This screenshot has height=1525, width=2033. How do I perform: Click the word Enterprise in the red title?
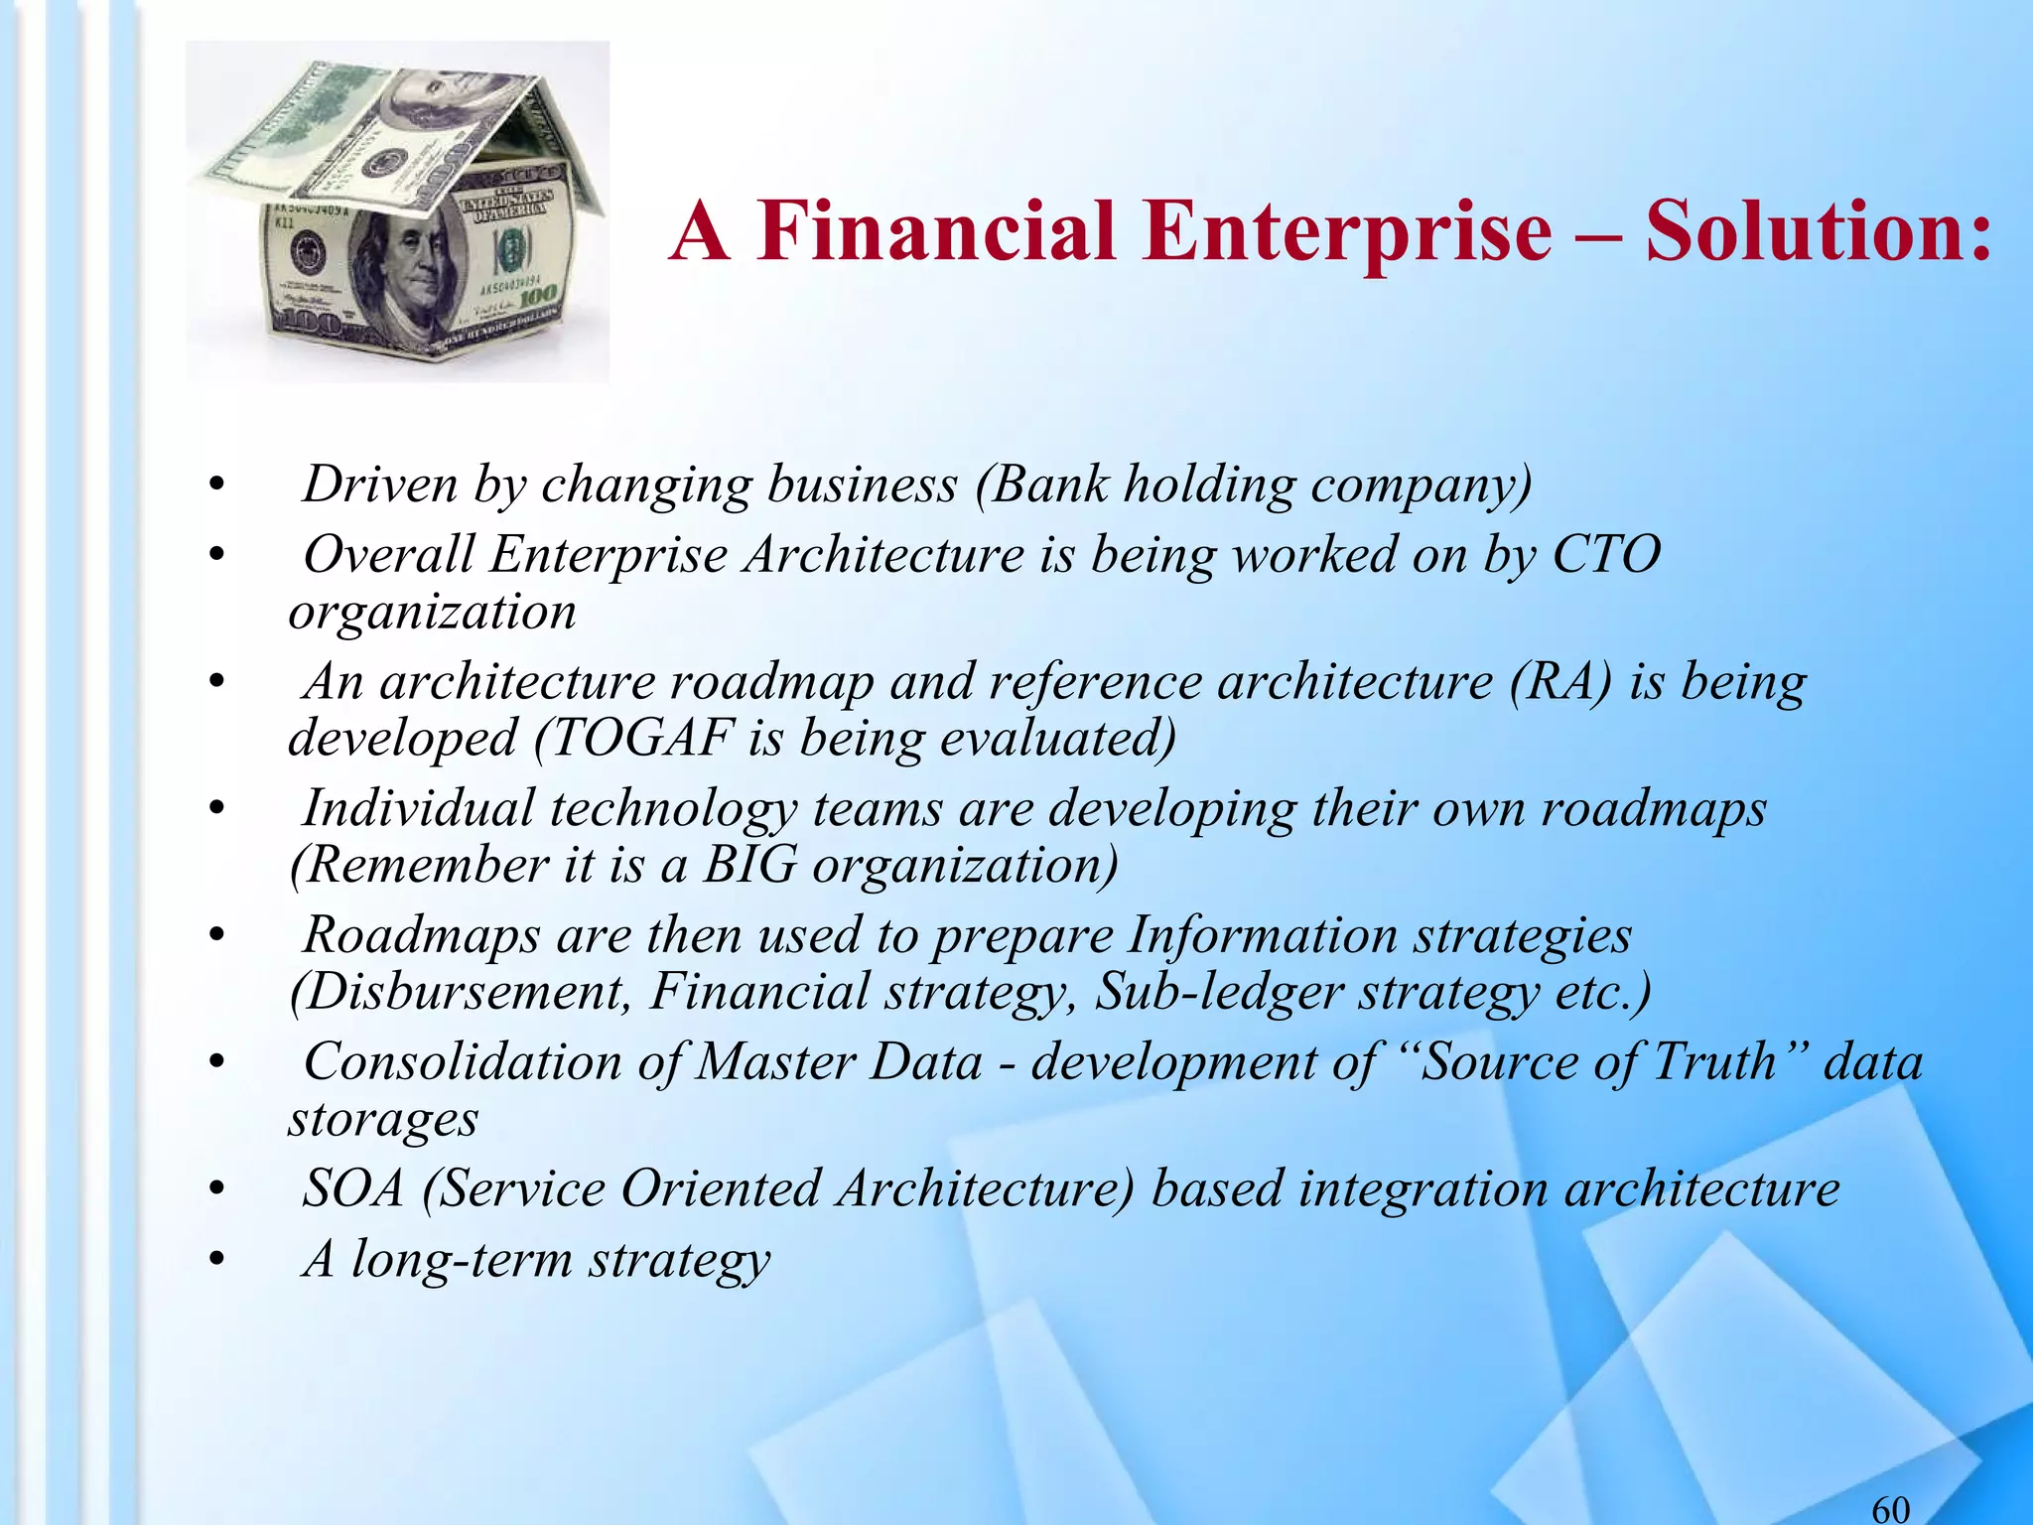coord(1346,232)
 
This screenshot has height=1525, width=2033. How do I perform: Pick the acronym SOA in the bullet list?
coord(353,1188)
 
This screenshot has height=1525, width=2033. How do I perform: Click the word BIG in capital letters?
coord(749,865)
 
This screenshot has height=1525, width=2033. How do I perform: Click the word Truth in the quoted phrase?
coord(1714,1061)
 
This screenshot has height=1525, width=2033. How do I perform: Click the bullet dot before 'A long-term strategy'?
coord(217,1261)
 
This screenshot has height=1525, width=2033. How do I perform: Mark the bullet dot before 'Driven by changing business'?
coord(217,486)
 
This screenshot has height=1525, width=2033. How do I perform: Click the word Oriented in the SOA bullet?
coord(720,1188)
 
